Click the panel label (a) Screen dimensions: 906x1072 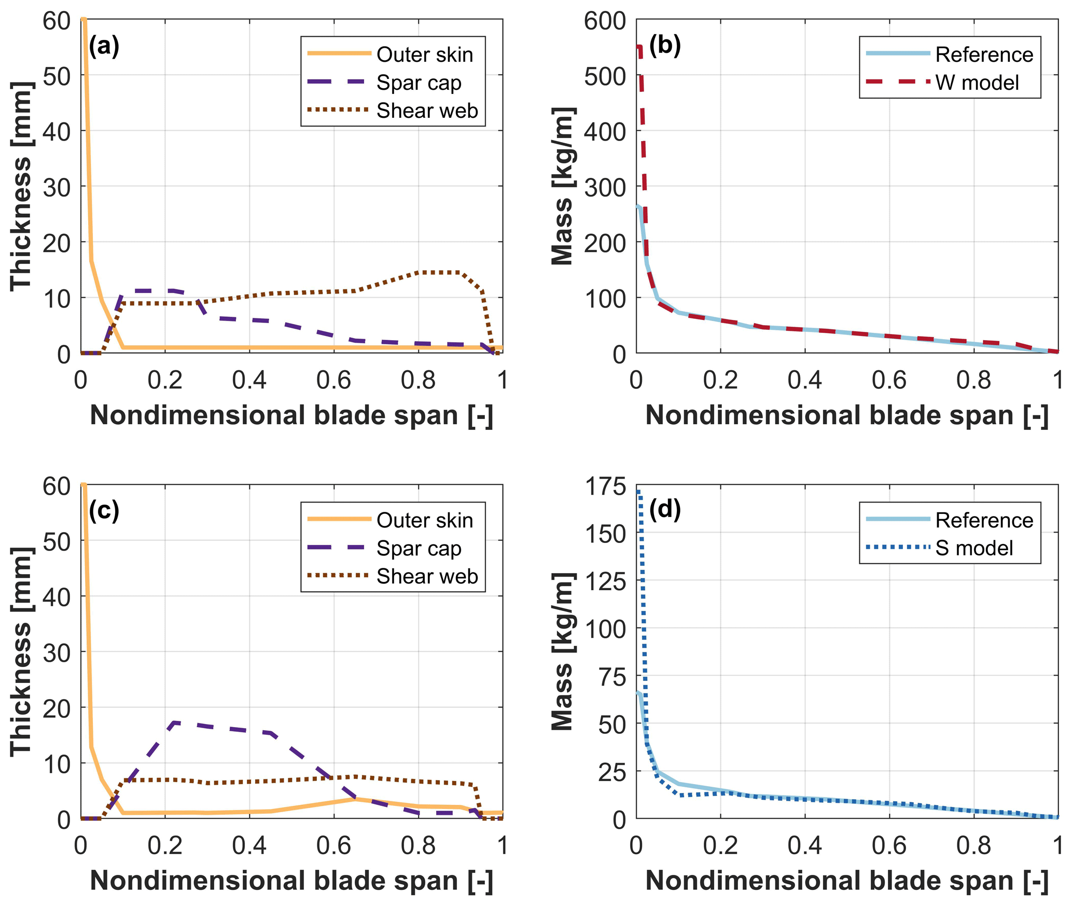(x=104, y=46)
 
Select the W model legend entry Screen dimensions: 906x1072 (x=977, y=82)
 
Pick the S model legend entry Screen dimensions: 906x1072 (x=974, y=548)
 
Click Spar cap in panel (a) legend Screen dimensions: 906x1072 (x=419, y=82)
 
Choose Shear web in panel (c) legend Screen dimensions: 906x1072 (x=427, y=576)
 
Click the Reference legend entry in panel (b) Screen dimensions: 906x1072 (x=984, y=54)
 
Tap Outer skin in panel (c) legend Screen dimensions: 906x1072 (x=424, y=520)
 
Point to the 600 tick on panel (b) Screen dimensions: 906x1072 (x=605, y=21)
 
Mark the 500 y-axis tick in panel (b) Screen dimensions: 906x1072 (x=605, y=77)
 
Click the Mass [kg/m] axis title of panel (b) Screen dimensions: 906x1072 (x=563, y=187)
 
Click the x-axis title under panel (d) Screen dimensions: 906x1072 (x=847, y=881)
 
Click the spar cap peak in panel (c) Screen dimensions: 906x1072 (x=174, y=722)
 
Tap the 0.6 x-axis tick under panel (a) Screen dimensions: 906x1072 (x=333, y=380)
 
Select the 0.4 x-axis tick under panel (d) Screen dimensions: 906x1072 (x=804, y=845)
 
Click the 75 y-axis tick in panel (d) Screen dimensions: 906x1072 (x=612, y=676)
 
